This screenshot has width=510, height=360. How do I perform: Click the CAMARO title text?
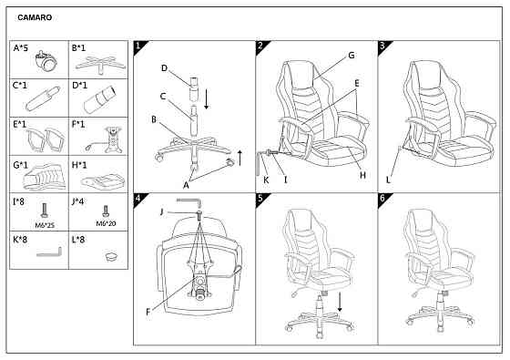[x=35, y=17]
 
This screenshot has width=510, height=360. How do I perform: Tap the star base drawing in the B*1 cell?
[x=100, y=64]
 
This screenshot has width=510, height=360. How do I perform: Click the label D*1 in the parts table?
[x=79, y=86]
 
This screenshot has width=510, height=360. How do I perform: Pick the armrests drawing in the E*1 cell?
[x=46, y=140]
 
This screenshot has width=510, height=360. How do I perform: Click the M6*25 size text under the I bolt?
[x=45, y=225]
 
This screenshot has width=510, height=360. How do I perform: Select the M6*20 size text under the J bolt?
[x=106, y=223]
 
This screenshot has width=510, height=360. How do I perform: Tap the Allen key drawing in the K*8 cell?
[x=49, y=253]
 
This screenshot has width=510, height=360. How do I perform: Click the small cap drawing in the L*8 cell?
[x=111, y=256]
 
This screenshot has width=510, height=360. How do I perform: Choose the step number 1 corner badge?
[x=139, y=46]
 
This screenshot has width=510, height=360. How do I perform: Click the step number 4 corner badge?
[x=139, y=199]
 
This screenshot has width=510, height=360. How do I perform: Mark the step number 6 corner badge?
[x=383, y=199]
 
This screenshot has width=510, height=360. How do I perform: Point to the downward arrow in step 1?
[x=206, y=99]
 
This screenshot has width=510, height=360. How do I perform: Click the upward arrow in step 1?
[x=240, y=158]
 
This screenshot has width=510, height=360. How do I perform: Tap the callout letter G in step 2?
[x=352, y=56]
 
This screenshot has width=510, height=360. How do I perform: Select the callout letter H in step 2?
[x=363, y=175]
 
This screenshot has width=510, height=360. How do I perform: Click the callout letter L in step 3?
[x=388, y=180]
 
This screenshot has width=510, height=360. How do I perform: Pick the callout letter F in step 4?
[x=148, y=312]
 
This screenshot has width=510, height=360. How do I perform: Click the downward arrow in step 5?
[x=340, y=302]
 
